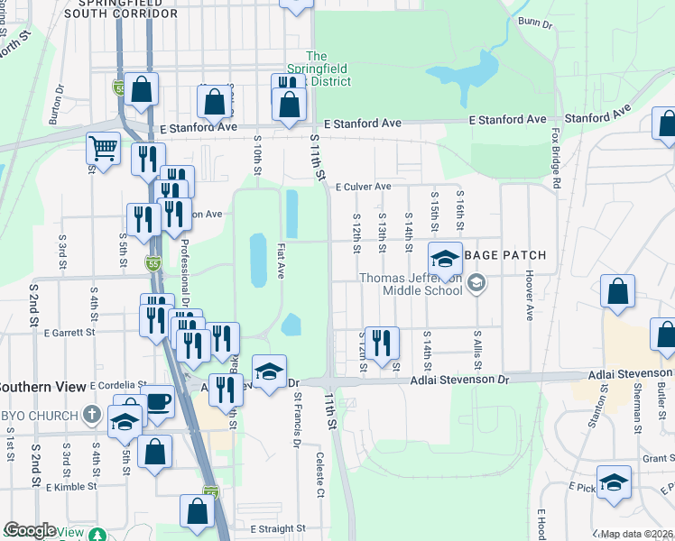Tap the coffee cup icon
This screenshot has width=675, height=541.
click(159, 401)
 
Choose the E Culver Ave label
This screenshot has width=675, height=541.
click(363, 188)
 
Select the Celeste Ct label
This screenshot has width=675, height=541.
click(319, 475)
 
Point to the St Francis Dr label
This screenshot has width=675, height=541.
click(295, 420)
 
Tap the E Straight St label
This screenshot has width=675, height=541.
click(278, 529)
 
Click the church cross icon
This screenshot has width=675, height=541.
click(90, 415)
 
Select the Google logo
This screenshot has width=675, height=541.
click(30, 530)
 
